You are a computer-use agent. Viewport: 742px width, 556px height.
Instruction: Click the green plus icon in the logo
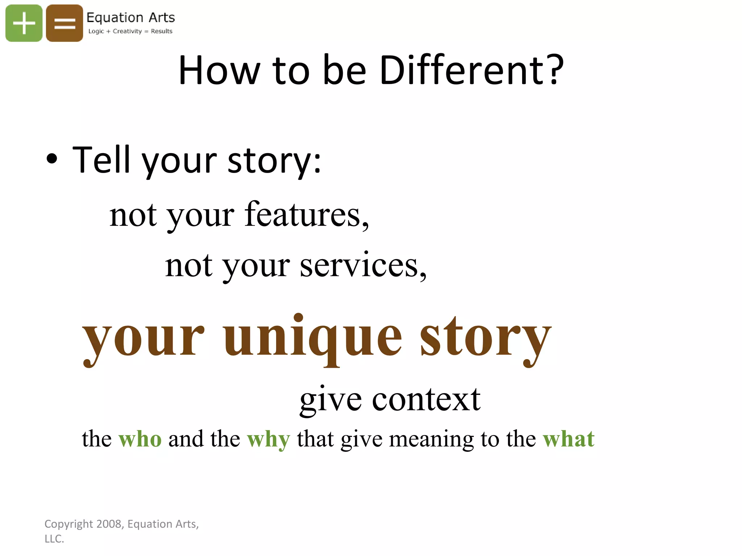tap(24, 23)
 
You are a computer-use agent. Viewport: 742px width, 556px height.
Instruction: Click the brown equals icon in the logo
tap(64, 23)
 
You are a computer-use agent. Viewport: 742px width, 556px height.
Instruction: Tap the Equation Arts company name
tap(130, 17)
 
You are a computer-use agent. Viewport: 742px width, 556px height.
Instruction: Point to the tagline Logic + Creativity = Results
tap(130, 31)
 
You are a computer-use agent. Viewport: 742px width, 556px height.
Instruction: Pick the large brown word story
tap(485, 337)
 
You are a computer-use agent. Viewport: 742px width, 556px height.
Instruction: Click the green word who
tap(140, 439)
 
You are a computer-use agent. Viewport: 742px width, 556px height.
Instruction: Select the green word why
tap(268, 439)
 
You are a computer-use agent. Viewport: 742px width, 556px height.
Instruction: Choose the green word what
tap(568, 439)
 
